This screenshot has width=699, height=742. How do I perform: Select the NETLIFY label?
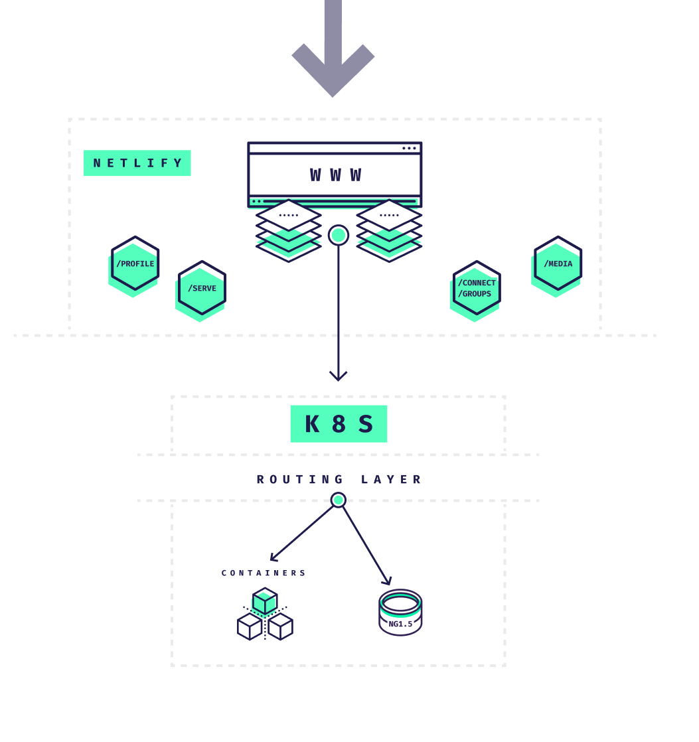click(137, 163)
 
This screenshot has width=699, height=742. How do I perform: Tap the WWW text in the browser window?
click(335, 175)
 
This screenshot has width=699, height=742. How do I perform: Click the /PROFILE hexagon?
click(135, 263)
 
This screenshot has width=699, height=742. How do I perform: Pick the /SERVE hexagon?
click(202, 288)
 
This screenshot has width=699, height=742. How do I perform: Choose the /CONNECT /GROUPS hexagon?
click(477, 288)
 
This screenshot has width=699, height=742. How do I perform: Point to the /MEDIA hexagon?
click(558, 263)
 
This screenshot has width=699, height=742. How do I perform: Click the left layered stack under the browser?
click(289, 230)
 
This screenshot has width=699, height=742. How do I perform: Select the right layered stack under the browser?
click(389, 230)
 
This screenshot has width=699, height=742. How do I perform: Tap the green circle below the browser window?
click(339, 235)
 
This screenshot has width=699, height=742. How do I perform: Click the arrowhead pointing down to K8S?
click(339, 376)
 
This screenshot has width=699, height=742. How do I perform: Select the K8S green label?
click(339, 424)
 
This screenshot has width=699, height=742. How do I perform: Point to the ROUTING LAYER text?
click(339, 479)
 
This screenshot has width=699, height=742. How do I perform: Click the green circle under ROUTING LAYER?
click(339, 500)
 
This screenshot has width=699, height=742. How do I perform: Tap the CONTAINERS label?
click(264, 573)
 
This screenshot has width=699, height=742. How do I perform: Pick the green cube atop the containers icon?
click(265, 601)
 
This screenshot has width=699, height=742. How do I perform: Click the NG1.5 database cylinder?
click(400, 613)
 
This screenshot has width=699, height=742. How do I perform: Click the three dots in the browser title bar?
click(409, 148)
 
